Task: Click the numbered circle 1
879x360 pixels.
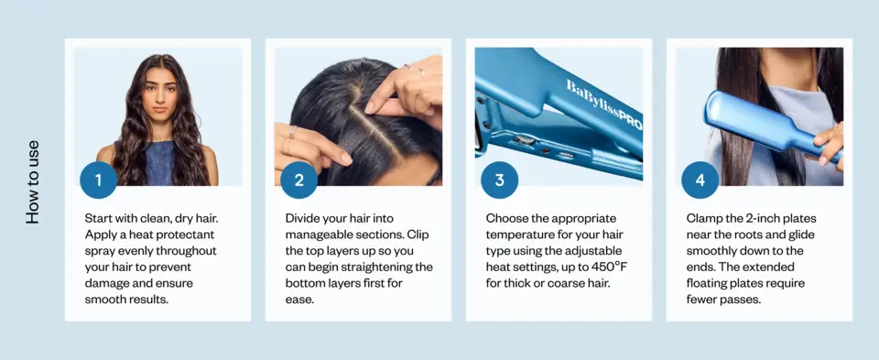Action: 98,180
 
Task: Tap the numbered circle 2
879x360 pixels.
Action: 298,180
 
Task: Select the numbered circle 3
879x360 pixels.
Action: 500,180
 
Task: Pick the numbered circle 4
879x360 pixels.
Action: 700,180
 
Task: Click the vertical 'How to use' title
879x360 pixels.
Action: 33,182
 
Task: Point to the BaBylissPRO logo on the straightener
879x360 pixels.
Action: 603,104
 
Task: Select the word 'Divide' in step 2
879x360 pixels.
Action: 301,218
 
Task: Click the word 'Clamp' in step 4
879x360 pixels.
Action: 703,218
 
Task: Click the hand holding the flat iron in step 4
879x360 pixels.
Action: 829,145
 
